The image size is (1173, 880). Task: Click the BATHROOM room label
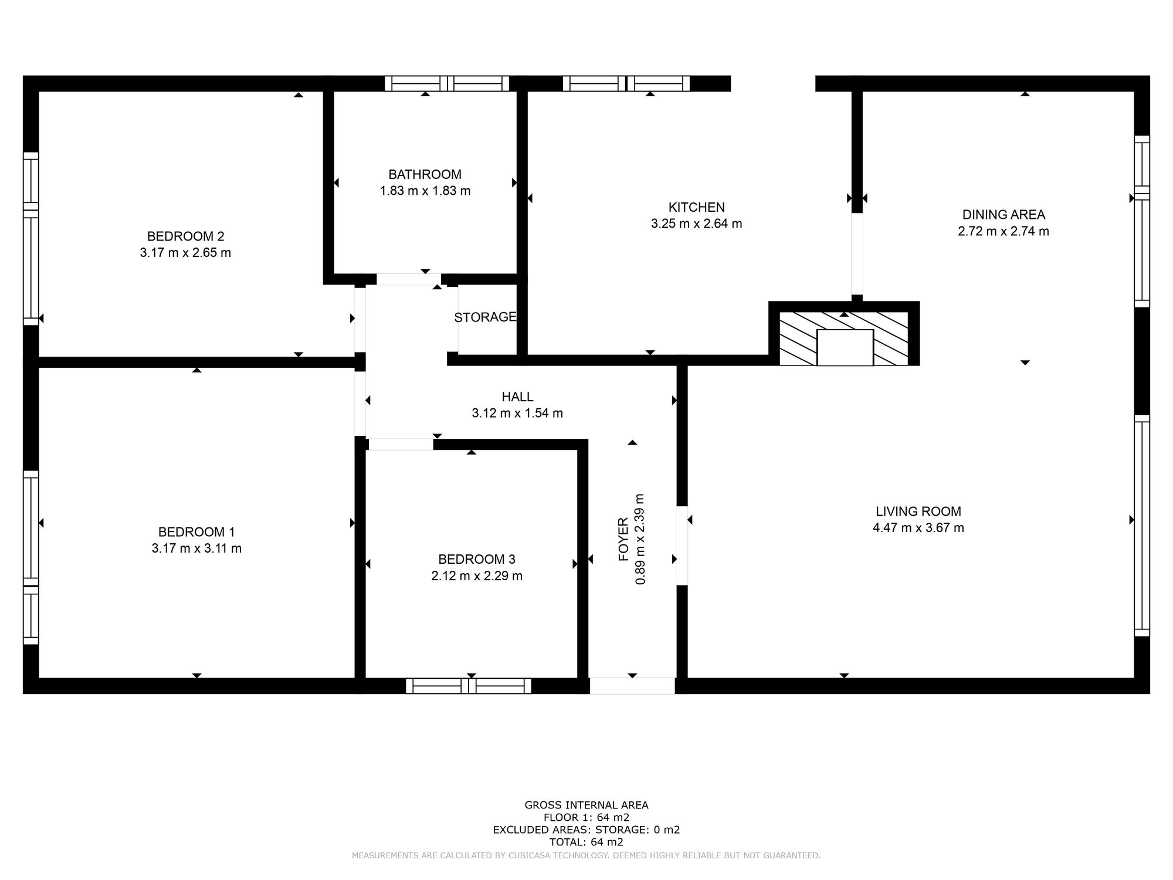tap(425, 174)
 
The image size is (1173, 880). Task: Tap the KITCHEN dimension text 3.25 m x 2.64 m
tap(696, 224)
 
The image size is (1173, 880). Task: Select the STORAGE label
tap(485, 317)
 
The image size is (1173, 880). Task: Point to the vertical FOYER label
tap(623, 539)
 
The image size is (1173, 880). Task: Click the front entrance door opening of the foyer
tap(632, 686)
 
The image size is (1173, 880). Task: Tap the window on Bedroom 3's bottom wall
tap(469, 686)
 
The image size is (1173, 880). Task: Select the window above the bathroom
tap(447, 83)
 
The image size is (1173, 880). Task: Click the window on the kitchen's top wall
tap(626, 83)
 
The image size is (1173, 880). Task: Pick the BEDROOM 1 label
tap(196, 532)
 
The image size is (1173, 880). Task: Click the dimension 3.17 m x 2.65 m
tap(185, 253)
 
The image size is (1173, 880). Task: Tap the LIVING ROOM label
tap(918, 512)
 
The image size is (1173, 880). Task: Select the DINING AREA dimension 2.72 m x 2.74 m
tap(1003, 231)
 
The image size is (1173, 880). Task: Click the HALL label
tap(517, 397)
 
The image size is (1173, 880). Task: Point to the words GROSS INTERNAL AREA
tap(586, 805)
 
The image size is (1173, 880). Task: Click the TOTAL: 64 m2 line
tap(586, 842)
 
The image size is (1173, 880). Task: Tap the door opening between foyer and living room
tap(682, 546)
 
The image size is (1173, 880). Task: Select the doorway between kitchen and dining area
tap(857, 253)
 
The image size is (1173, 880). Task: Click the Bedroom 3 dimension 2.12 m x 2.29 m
tap(476, 576)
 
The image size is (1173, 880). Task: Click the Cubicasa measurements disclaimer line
tap(586, 856)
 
